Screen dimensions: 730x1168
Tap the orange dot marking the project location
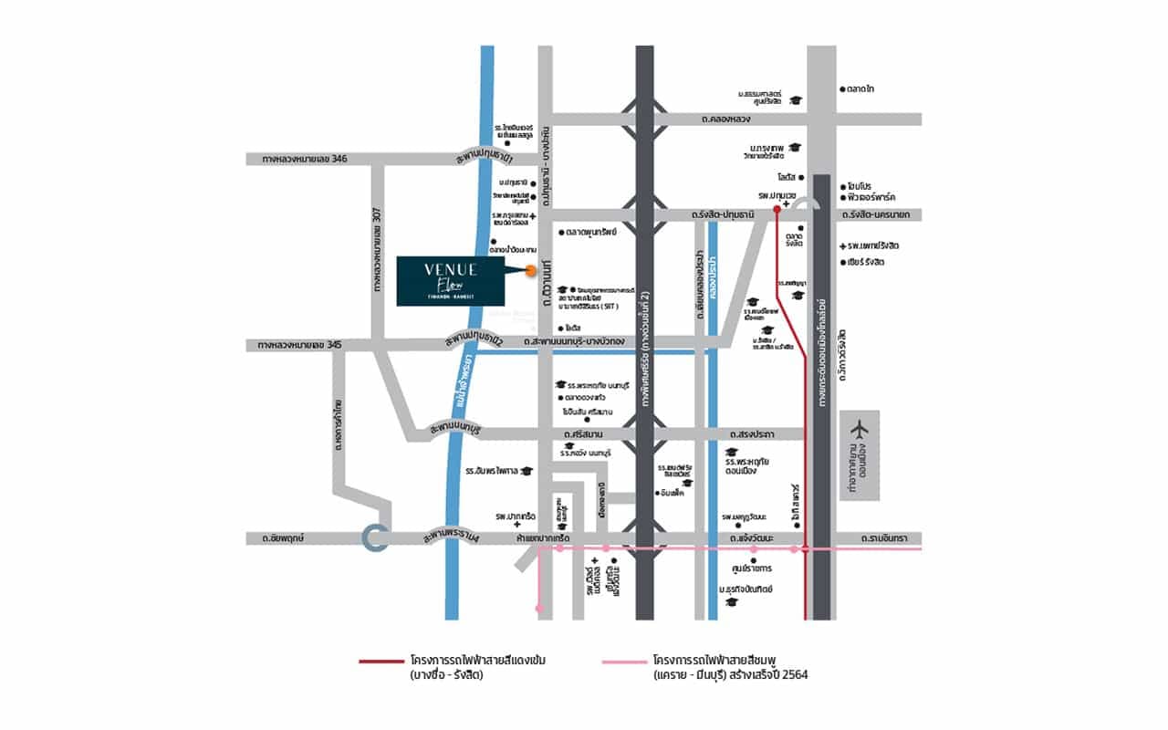pos(531,269)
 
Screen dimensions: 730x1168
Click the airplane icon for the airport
pos(860,430)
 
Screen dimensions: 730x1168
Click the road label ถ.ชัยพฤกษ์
pos(281,539)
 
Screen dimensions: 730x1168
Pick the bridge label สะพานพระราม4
pos(451,539)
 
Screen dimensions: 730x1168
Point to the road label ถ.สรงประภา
pos(752,434)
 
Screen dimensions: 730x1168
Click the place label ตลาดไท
pos(860,89)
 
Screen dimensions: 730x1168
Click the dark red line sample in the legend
pos(381,660)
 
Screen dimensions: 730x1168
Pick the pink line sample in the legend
pos(625,660)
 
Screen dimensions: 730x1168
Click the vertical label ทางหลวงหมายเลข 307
pos(375,249)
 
